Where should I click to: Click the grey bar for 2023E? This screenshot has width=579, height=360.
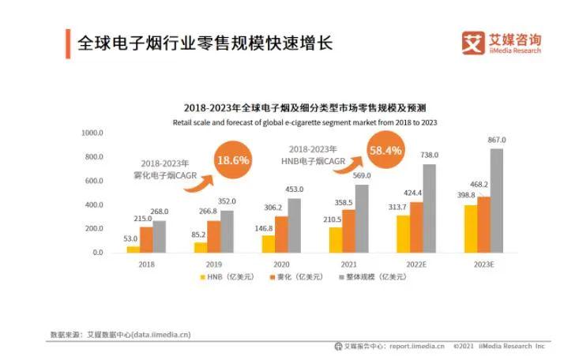496,201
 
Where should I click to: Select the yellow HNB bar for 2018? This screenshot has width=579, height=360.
133,249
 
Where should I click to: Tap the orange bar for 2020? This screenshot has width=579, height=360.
281,234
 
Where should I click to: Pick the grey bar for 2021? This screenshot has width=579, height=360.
361,219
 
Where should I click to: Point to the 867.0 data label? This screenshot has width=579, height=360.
496,140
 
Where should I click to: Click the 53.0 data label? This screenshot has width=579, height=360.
131,238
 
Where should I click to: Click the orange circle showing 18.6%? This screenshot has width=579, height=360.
232,159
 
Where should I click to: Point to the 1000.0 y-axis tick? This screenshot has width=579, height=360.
92,133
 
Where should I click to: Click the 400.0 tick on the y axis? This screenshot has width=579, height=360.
94,204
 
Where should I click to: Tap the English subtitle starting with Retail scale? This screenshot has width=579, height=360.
305,122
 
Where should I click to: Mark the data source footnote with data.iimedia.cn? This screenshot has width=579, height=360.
120,335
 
